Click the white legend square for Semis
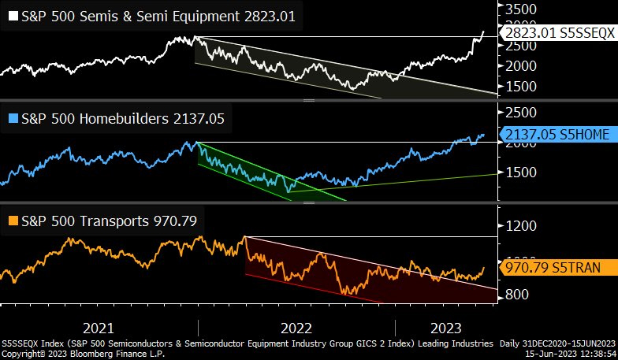coord(12,16)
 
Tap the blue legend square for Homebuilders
coord(12,118)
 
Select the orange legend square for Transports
coord(12,221)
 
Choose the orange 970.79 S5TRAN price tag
coord(555,268)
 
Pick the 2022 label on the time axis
coord(296,328)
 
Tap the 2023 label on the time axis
coord(445,328)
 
